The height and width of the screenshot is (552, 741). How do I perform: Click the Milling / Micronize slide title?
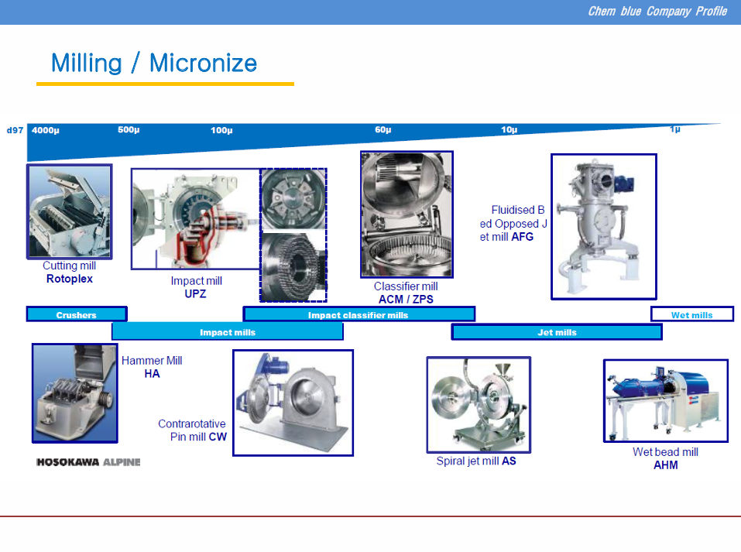[154, 63]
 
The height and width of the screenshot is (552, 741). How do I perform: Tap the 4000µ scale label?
[46, 130]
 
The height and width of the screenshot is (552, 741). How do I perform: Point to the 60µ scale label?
[383, 129]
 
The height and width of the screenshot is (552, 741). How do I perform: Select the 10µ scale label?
[509, 129]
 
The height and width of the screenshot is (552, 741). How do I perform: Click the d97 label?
[15, 130]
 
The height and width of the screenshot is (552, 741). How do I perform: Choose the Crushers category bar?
[77, 314]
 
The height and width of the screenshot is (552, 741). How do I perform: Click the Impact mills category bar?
[228, 332]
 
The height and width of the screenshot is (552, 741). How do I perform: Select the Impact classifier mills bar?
[358, 314]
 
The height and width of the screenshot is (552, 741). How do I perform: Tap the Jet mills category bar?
[557, 332]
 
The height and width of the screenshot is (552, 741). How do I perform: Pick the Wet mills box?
[692, 314]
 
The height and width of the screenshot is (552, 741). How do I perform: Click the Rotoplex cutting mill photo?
[70, 211]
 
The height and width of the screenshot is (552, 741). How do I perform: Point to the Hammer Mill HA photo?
[74, 393]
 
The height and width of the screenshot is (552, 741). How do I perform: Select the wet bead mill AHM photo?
[666, 401]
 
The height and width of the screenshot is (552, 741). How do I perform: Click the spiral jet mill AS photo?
[479, 405]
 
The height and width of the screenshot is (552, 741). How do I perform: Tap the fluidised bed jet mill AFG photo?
[604, 226]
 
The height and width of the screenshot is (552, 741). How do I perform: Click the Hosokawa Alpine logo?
[88, 461]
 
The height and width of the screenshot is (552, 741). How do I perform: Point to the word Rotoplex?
[70, 279]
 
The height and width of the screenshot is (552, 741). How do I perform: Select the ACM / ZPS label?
[406, 299]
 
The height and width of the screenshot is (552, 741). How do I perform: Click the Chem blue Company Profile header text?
[657, 12]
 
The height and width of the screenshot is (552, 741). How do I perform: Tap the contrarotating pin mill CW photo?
[293, 403]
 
